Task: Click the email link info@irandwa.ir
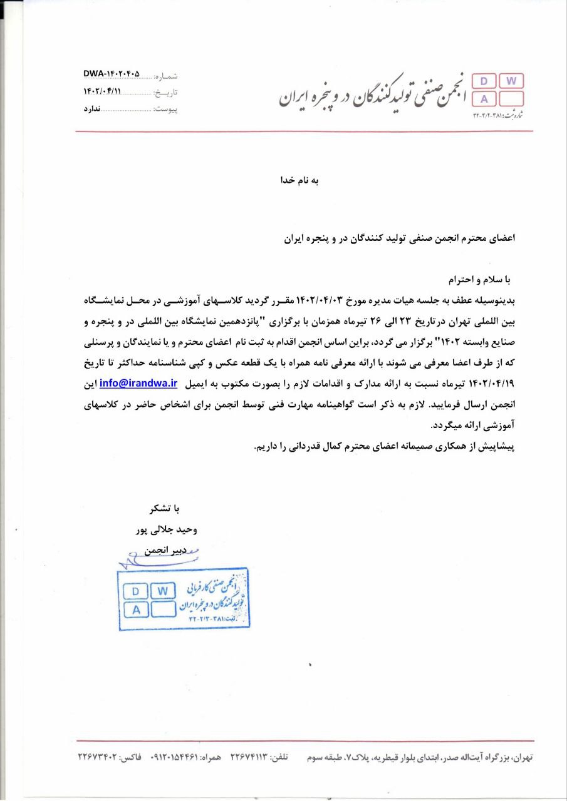pyautogui.click(x=138, y=381)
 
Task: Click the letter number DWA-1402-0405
pyautogui.click(x=112, y=74)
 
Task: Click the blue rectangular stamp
pyautogui.click(x=183, y=598)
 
